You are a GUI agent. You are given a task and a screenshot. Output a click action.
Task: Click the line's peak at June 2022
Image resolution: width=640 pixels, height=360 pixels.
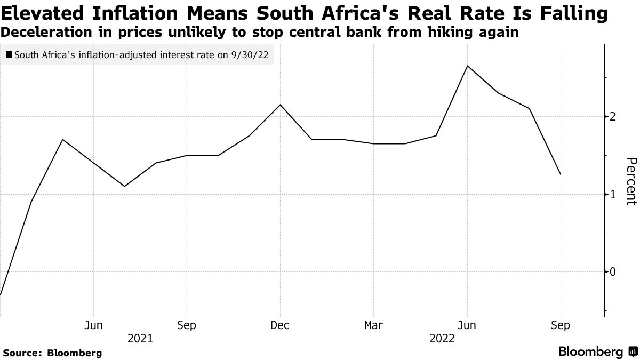(x=467, y=66)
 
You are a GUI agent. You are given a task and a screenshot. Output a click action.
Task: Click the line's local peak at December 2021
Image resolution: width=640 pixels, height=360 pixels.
(x=280, y=105)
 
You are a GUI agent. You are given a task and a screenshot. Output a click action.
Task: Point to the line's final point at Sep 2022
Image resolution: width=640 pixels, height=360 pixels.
(x=561, y=174)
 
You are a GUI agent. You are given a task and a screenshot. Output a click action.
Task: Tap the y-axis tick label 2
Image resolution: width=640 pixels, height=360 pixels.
(x=613, y=117)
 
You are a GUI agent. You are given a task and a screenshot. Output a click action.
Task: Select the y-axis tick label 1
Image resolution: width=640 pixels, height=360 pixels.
(x=613, y=195)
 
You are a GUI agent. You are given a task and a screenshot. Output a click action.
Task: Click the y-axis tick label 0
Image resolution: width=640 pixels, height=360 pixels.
(x=613, y=272)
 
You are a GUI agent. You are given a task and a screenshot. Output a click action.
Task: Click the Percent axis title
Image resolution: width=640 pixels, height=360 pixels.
(x=630, y=181)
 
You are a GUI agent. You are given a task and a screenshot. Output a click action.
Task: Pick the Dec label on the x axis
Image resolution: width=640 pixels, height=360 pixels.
(x=280, y=325)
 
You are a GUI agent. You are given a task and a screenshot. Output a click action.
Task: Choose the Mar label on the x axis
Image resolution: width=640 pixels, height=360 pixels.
(x=373, y=325)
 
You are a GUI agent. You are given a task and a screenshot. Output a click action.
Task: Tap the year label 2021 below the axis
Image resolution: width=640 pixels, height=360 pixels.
(x=140, y=339)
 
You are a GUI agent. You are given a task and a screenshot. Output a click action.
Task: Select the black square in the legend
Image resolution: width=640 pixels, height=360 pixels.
(x=9, y=54)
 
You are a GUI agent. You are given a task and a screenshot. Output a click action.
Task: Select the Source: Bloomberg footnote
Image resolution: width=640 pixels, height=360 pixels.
(x=52, y=353)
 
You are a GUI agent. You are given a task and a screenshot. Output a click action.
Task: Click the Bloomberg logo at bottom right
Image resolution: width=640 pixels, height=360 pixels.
(x=597, y=352)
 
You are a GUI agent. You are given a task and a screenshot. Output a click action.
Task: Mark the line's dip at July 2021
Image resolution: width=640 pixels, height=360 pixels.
(x=124, y=186)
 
